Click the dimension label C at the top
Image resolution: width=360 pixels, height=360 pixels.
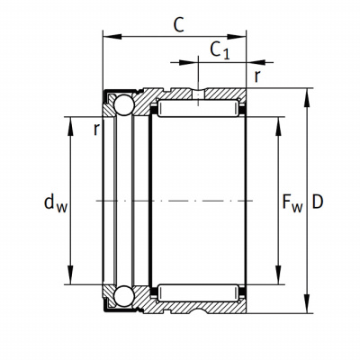tap(179, 25)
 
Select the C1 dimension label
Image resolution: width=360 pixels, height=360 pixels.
tap(220, 50)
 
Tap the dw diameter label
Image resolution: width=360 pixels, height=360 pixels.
tap(56, 203)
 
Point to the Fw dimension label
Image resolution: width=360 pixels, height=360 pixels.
tap(292, 203)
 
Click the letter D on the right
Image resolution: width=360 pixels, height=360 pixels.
tap(318, 202)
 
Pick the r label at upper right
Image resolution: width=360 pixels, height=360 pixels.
tap(256, 76)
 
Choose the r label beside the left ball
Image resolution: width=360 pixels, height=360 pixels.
tap(96, 130)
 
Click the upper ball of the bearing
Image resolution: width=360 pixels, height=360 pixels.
tap(123, 104)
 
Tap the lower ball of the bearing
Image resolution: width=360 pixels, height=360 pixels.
tap(123, 296)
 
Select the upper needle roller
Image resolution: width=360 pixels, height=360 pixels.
tap(198, 108)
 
